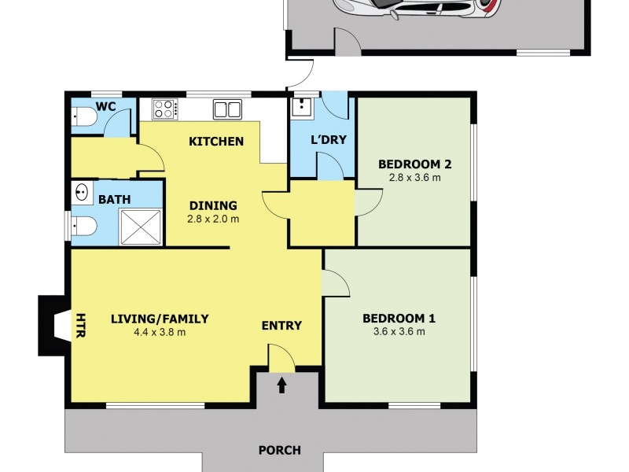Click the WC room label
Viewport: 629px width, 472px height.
pyautogui.click(x=106, y=106)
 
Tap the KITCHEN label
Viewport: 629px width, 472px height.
pyautogui.click(x=216, y=142)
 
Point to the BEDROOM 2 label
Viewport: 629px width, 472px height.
pyautogui.click(x=414, y=164)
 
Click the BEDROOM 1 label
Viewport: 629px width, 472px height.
pyautogui.click(x=399, y=319)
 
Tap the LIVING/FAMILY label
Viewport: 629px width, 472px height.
pyautogui.click(x=160, y=319)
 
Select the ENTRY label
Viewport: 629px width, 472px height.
pyautogui.click(x=281, y=326)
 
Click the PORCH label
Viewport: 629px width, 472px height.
pyautogui.click(x=280, y=451)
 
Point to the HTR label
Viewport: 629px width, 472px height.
pyautogui.click(x=80, y=326)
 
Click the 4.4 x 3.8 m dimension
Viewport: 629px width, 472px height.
pyautogui.click(x=160, y=332)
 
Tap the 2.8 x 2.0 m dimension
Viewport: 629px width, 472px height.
pyautogui.click(x=213, y=219)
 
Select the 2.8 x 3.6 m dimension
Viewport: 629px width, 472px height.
pyautogui.click(x=414, y=178)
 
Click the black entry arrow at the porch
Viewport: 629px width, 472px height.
pyautogui.click(x=281, y=385)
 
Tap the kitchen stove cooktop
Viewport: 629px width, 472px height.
pyautogui.click(x=164, y=109)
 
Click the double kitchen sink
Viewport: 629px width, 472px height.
pyautogui.click(x=227, y=109)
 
